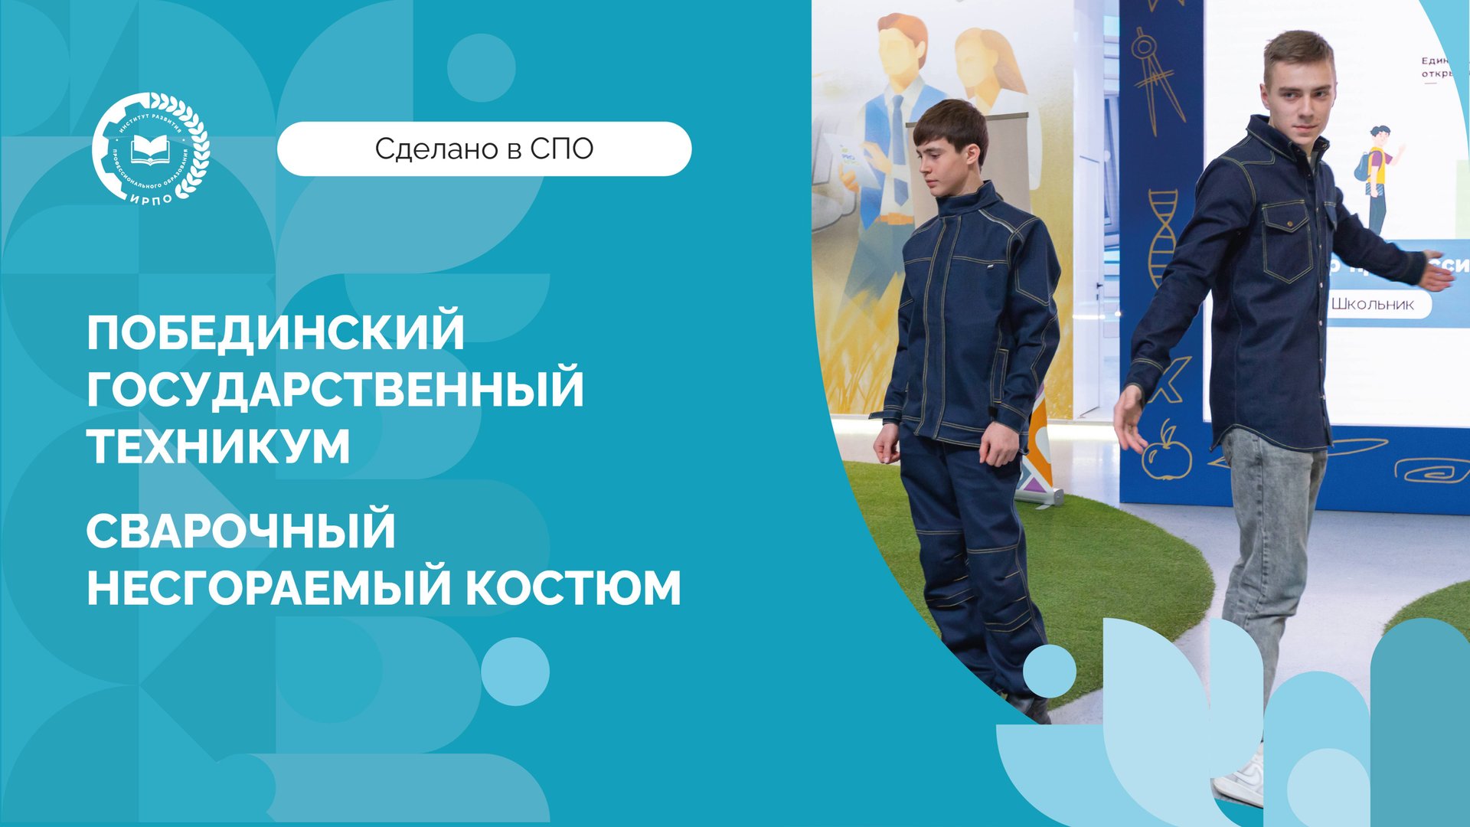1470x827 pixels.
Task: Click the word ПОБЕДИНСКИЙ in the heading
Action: [276, 332]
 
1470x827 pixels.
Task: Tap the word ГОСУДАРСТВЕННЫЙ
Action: [335, 388]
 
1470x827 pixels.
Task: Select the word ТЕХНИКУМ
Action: [218, 446]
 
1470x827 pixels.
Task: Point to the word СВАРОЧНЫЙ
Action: [240, 531]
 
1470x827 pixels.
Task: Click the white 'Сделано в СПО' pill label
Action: [484, 149]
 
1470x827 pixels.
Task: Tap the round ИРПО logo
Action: [150, 148]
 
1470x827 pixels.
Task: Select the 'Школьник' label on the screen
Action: [1372, 304]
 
